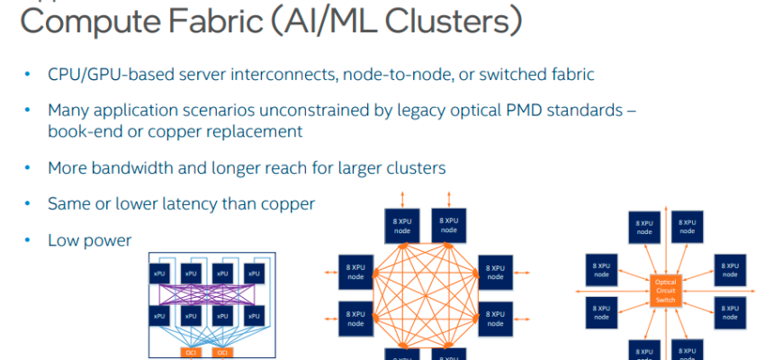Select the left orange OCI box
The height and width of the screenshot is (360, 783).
190,351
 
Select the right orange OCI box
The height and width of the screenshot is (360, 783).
221,351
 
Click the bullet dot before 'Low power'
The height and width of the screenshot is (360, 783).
28,240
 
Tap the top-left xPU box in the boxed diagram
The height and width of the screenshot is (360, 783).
159,273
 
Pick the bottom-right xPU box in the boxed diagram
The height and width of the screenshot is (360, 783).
253,316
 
